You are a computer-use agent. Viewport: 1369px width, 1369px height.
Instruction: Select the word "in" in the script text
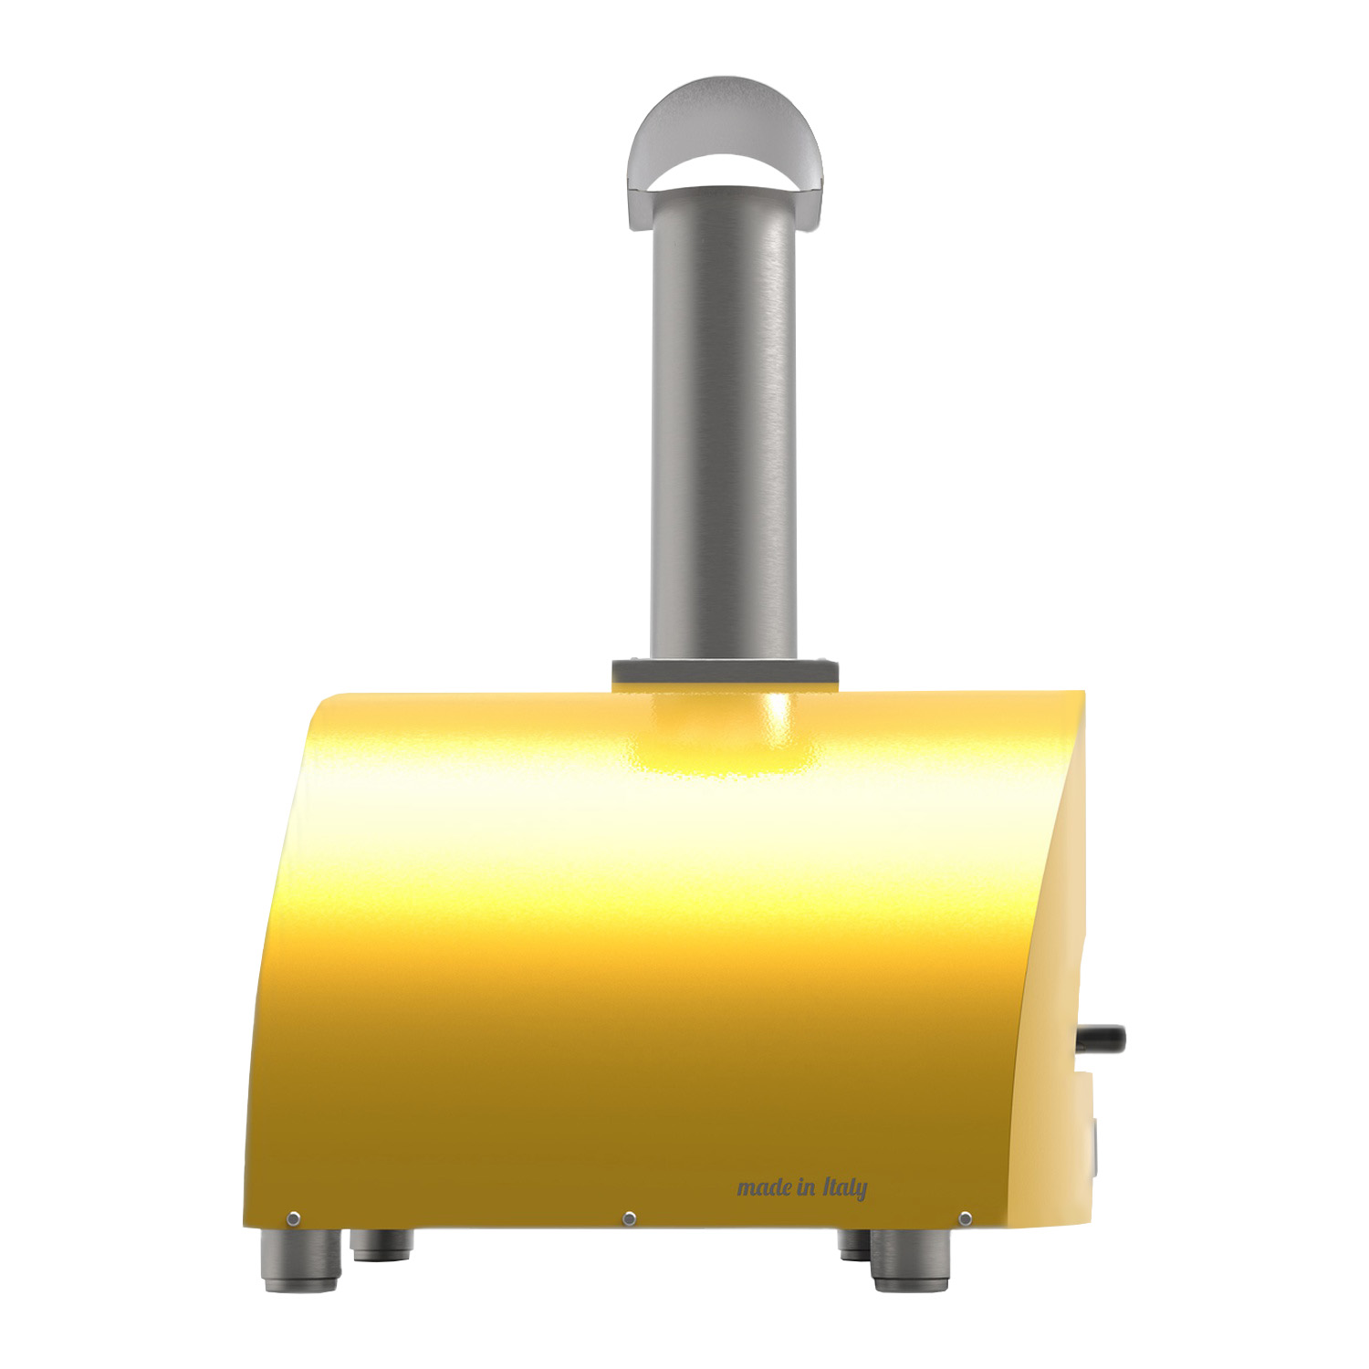point(807,1187)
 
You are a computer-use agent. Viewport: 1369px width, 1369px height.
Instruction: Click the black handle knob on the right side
point(1103,1039)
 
